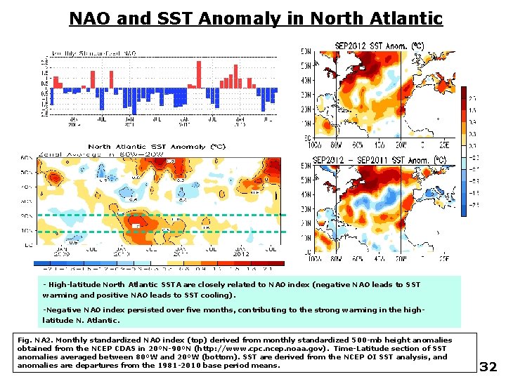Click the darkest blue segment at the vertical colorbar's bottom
[465, 208]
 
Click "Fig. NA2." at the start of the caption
[37, 340]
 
